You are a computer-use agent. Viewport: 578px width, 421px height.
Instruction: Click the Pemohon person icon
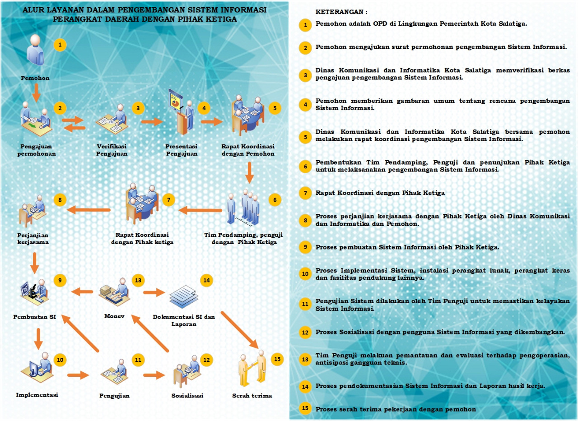(x=35, y=51)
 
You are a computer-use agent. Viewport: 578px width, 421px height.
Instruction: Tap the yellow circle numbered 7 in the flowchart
(x=168, y=199)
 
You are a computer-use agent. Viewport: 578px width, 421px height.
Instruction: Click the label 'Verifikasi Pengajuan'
(x=112, y=150)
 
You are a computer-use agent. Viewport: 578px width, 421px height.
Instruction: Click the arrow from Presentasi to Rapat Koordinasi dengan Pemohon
(x=212, y=121)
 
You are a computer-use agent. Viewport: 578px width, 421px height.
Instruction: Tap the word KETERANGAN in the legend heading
(x=334, y=11)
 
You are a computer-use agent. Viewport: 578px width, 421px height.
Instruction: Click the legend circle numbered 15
(x=306, y=409)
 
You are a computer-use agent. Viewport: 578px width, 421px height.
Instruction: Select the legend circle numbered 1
(x=306, y=25)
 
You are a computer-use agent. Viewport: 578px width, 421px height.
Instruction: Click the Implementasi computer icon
(x=37, y=368)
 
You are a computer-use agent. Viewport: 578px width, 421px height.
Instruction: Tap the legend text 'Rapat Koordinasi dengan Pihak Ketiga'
(x=380, y=193)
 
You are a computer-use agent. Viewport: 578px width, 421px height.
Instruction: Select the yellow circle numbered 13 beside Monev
(x=138, y=280)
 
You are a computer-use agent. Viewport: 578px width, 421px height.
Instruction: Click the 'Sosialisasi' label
(x=187, y=396)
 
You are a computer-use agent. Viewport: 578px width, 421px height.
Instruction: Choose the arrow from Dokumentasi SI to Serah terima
(x=239, y=329)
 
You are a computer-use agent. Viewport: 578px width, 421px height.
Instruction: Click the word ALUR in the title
(x=33, y=9)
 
